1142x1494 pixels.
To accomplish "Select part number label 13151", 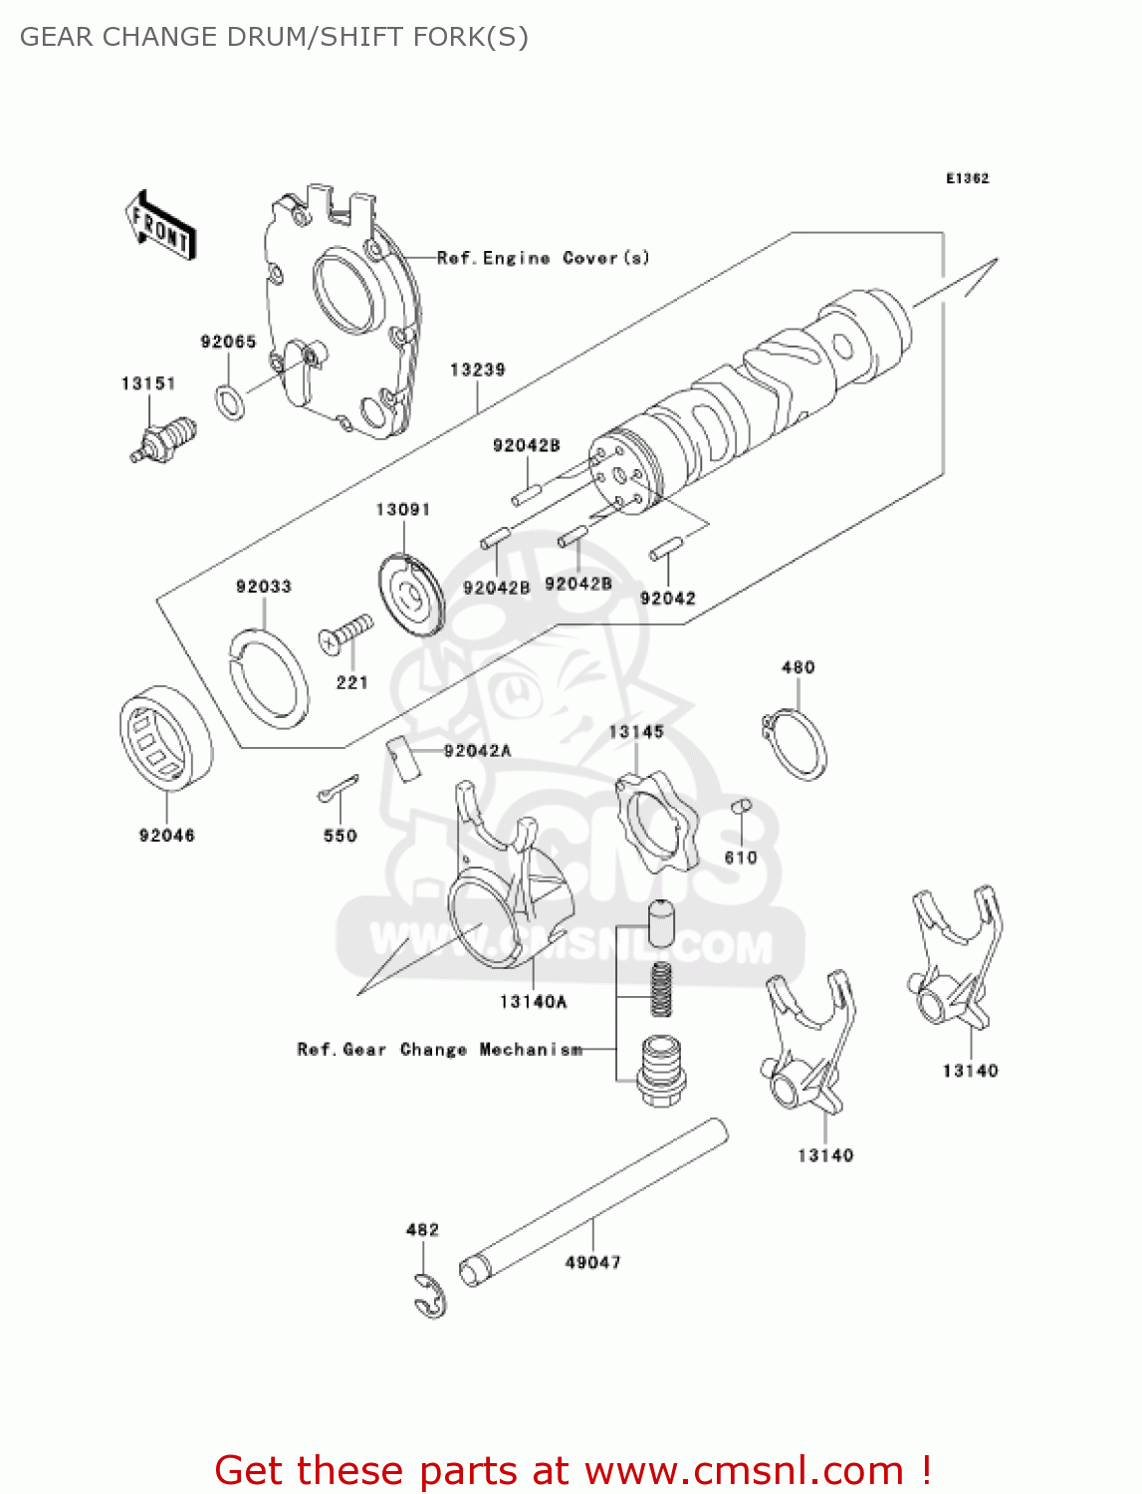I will pos(148,383).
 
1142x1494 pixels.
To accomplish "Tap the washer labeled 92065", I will pos(230,400).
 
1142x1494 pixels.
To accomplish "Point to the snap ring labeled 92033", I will pos(267,676).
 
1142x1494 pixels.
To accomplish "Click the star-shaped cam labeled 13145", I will pos(655,823).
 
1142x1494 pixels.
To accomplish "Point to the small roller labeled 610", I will pos(741,807).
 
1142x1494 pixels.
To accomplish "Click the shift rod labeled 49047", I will pos(593,1201).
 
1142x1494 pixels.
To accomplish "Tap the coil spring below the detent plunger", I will pos(661,989).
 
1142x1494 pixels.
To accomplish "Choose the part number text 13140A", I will pos(533,1002).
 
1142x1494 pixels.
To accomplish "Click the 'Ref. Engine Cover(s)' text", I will pos(544,258).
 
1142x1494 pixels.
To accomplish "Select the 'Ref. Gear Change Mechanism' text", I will pos(439,1050).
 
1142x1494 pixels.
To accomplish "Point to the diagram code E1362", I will pos(967,178).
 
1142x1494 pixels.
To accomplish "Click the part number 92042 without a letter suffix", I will pos(667,599).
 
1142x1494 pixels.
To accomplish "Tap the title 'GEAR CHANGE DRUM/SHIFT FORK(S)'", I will pos(274,37).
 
